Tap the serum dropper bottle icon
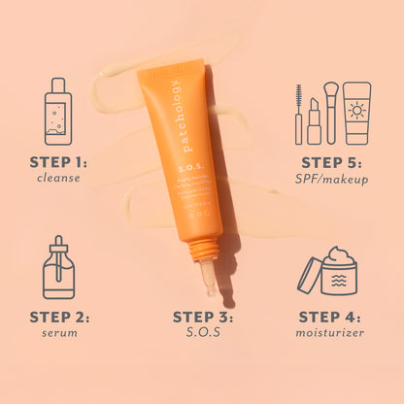58,268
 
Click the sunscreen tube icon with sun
356,113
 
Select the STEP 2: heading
58,317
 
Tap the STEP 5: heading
334,162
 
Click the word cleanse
58,179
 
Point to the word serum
58,333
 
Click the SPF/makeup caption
334,179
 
